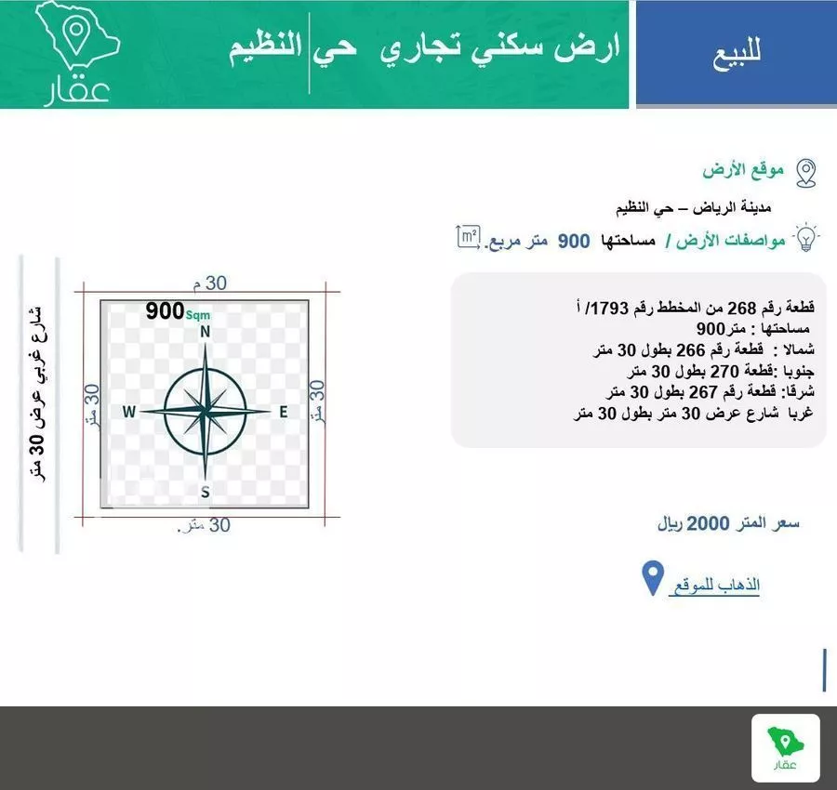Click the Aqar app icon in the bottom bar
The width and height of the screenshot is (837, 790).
[785, 747]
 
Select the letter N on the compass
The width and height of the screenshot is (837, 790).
[206, 332]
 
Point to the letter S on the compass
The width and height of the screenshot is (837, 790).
[205, 492]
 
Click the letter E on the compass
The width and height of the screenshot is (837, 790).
[284, 412]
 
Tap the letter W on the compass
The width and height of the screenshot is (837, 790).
[129, 412]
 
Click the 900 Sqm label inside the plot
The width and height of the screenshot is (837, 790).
[178, 312]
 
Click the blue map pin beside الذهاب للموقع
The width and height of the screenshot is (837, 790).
[653, 579]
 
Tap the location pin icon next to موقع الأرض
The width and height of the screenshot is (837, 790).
[805, 172]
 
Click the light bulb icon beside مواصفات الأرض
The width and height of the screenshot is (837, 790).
[806, 238]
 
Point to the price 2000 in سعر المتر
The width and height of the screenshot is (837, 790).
[710, 523]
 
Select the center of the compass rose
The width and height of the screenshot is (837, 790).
[205, 411]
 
